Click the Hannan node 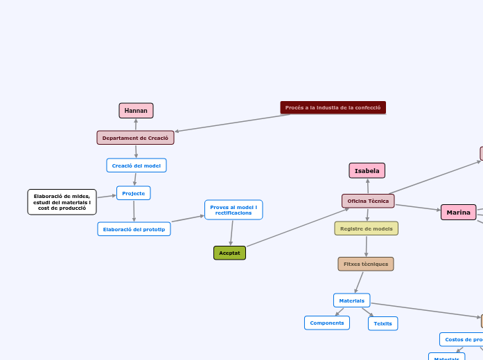point(136,111)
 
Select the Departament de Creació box point(135,138)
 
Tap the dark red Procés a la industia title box point(333,107)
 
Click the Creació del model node point(137,165)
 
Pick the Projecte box point(134,193)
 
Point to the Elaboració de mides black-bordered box point(62,202)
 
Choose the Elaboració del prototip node point(134,229)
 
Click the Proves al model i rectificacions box point(234,210)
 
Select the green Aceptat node point(229,253)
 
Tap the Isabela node point(367,170)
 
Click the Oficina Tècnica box point(368,201)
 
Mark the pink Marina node point(458,213)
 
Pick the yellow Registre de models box point(366,228)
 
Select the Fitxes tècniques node point(366,264)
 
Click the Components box point(326,323)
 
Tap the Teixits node point(383,323)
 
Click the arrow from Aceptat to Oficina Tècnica point(298,227)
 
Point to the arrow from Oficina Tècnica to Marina point(417,207)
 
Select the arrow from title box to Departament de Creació point(233,123)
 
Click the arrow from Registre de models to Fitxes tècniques point(366,246)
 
